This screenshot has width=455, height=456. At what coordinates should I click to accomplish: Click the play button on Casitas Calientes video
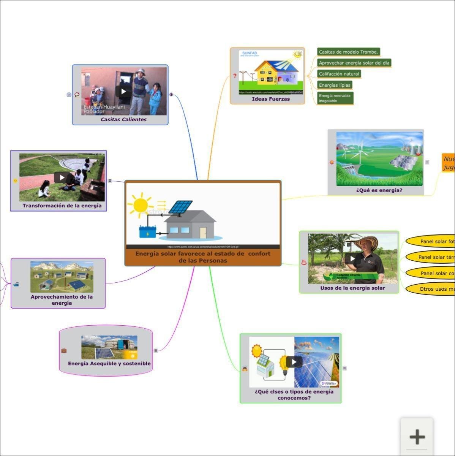point(123,91)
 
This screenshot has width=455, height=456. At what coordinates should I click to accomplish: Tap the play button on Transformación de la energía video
point(62,177)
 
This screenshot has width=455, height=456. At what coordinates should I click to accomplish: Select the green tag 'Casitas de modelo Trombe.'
point(348,52)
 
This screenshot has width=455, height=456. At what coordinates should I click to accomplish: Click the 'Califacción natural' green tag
point(339,74)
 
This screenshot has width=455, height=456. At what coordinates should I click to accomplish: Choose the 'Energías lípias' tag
point(334,85)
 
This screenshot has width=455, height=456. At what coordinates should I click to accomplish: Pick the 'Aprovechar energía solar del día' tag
point(354,63)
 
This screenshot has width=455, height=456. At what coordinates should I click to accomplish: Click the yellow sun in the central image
point(140,205)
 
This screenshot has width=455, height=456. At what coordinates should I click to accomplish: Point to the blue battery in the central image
point(147,231)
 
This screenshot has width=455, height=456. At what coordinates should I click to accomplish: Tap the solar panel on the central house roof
point(180,207)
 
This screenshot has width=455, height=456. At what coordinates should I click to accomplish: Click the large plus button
point(417,437)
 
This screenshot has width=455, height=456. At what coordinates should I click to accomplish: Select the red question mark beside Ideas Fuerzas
point(235,76)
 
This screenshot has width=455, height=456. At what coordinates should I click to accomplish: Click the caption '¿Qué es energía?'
point(379,190)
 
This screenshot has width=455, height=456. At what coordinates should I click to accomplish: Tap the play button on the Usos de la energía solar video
point(353,258)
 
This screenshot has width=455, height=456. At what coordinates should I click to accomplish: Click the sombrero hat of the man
point(367,242)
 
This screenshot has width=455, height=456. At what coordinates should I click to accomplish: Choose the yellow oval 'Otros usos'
point(433,289)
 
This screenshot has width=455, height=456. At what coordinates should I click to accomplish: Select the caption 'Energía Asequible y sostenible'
point(109,364)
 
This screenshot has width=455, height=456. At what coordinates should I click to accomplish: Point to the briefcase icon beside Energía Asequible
point(64,350)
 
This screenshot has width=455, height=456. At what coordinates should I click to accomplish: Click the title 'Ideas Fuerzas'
point(270,99)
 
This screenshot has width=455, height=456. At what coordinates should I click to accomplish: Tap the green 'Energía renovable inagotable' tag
point(335,98)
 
